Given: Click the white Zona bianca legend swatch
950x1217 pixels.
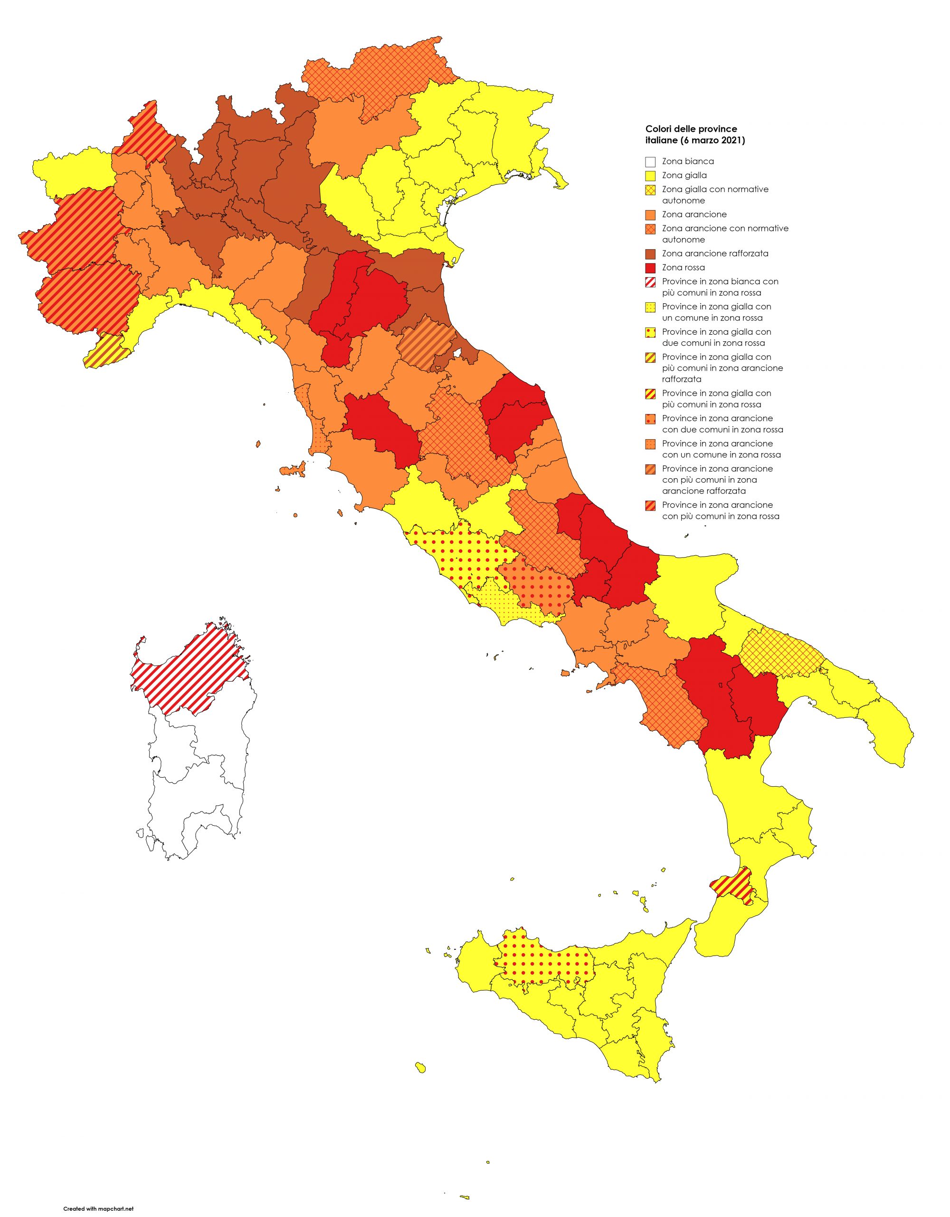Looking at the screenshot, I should coord(650,162).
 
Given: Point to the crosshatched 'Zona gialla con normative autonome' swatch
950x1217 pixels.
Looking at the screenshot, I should coord(650,190).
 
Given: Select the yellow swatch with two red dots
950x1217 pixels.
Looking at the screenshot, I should coord(650,332).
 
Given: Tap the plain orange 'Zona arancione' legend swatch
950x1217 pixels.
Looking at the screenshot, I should coord(650,214).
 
